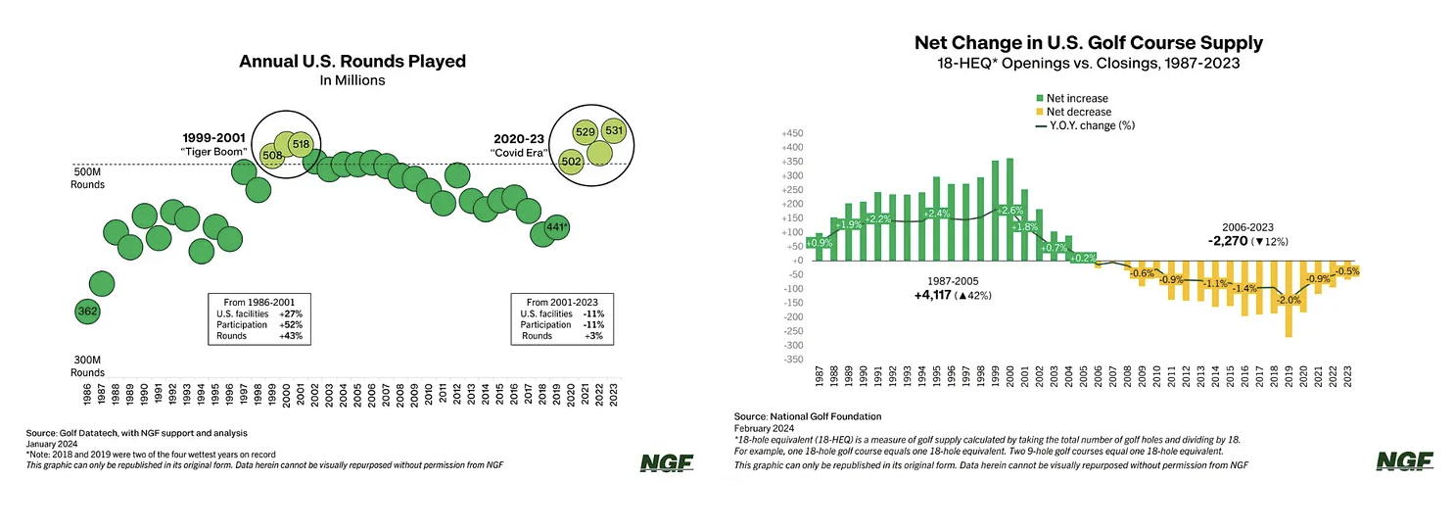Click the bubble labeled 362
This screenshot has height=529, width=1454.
(87, 312)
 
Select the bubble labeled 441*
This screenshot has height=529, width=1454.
(556, 227)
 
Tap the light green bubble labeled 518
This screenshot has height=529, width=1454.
(301, 144)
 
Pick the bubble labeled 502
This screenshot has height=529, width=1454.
(570, 161)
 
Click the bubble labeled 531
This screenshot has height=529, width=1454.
(614, 130)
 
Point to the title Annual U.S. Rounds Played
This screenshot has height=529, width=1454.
(352, 62)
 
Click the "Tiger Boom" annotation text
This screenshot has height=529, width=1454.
(213, 152)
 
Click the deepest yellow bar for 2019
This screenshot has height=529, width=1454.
(1289, 299)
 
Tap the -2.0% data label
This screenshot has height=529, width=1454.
(1288, 301)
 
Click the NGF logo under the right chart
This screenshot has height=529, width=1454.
(1403, 461)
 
